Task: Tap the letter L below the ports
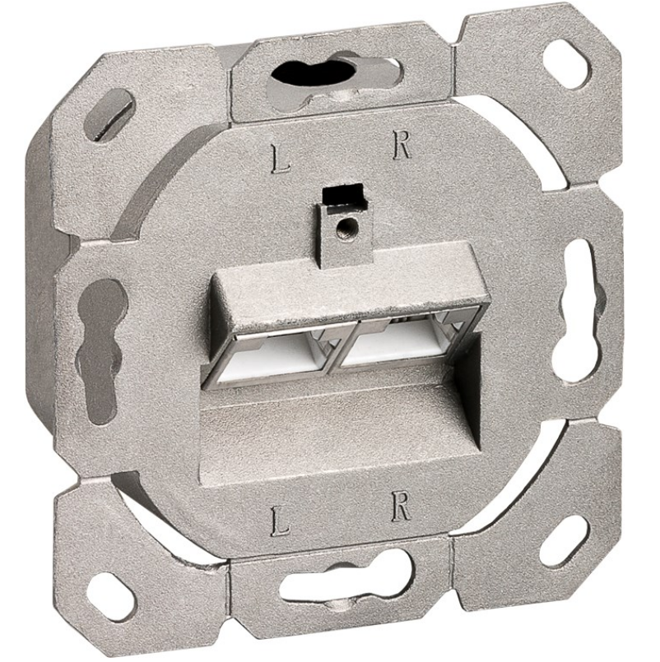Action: click(280, 523)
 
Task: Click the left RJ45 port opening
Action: click(272, 357)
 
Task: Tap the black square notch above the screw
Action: click(342, 194)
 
